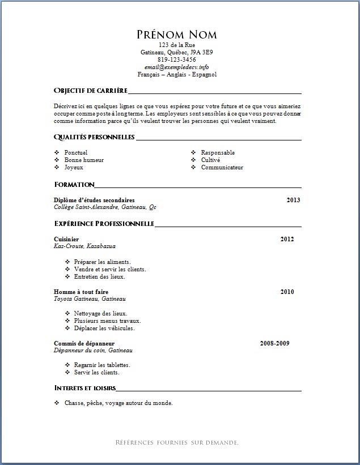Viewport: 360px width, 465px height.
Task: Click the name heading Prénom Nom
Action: click(177, 35)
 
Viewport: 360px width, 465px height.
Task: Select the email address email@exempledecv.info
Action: click(177, 67)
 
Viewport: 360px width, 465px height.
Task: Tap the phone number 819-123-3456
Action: click(177, 59)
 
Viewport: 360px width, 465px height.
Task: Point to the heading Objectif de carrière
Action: click(90, 91)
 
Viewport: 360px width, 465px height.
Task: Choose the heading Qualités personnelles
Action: click(94, 137)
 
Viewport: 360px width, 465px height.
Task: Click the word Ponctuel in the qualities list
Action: click(76, 153)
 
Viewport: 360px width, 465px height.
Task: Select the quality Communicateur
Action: click(222, 168)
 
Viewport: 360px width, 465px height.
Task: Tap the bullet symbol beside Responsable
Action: click(193, 153)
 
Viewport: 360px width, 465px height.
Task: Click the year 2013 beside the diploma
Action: click(293, 200)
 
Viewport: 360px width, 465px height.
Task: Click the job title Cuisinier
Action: click(66, 239)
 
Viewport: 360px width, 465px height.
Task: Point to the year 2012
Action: click(287, 239)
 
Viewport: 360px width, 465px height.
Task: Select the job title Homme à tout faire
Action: click(81, 292)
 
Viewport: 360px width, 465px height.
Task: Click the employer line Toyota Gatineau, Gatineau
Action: click(90, 299)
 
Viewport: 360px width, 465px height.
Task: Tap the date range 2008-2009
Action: click(274, 343)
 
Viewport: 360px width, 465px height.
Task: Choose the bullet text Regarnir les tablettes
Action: click(102, 365)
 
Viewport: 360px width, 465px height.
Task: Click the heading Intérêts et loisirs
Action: click(85, 388)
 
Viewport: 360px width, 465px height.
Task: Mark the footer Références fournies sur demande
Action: click(177, 442)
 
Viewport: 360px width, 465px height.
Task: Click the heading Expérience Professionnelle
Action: click(104, 224)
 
